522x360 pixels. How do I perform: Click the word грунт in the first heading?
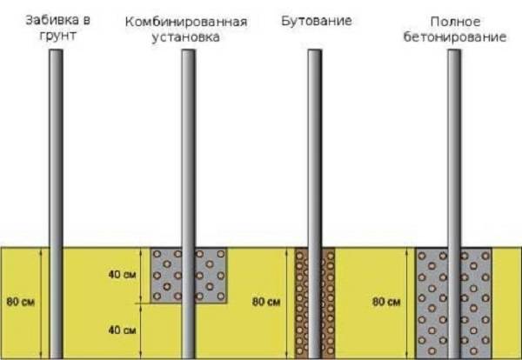[x=58, y=36]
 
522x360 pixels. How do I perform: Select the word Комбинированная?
[x=186, y=22]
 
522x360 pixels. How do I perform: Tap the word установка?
[x=186, y=37]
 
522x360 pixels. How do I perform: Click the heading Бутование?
[x=317, y=21]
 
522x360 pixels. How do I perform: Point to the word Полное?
[x=455, y=22]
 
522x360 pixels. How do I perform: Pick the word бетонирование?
[x=455, y=37]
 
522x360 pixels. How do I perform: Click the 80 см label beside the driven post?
[x=21, y=302]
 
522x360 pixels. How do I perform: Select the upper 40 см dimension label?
[x=122, y=275]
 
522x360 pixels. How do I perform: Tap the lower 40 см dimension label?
[x=122, y=330]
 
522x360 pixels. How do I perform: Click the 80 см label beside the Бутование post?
[x=266, y=302]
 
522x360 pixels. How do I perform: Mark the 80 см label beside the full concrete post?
[x=386, y=302]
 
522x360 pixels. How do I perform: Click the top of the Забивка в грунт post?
[x=56, y=50]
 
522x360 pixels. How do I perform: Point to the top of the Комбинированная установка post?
[x=189, y=50]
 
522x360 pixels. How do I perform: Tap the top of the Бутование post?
[x=315, y=50]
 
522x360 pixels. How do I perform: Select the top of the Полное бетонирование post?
[x=454, y=50]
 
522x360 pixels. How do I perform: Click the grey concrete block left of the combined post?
[x=166, y=275]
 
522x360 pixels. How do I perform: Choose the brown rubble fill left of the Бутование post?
[x=301, y=303]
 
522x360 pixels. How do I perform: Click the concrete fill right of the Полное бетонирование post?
[x=477, y=303]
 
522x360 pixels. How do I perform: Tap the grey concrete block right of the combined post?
[x=211, y=275]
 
